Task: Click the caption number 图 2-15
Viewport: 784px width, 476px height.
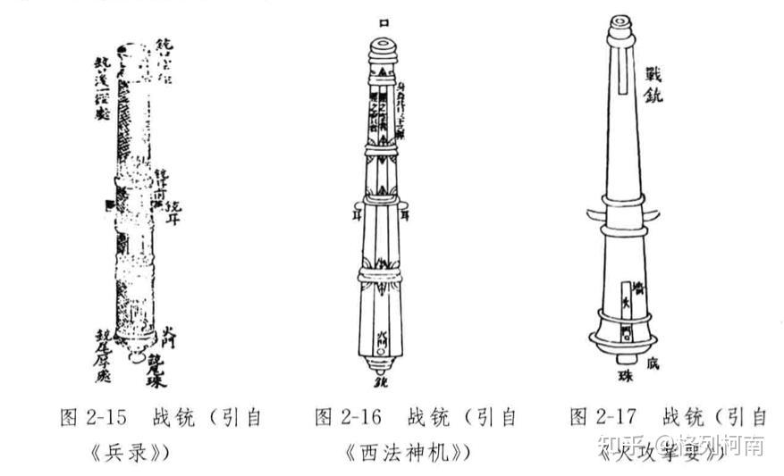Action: (93, 418)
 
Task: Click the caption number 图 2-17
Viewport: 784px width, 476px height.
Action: (603, 418)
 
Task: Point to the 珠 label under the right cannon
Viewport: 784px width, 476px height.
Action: (624, 375)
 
